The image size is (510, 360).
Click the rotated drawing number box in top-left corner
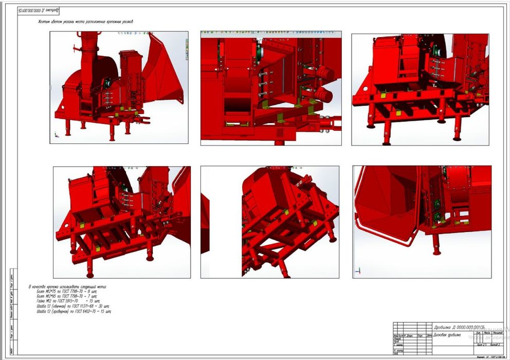tap(39, 10)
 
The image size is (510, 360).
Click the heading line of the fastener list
tap(67, 286)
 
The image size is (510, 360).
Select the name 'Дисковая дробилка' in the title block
tap(447, 335)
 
